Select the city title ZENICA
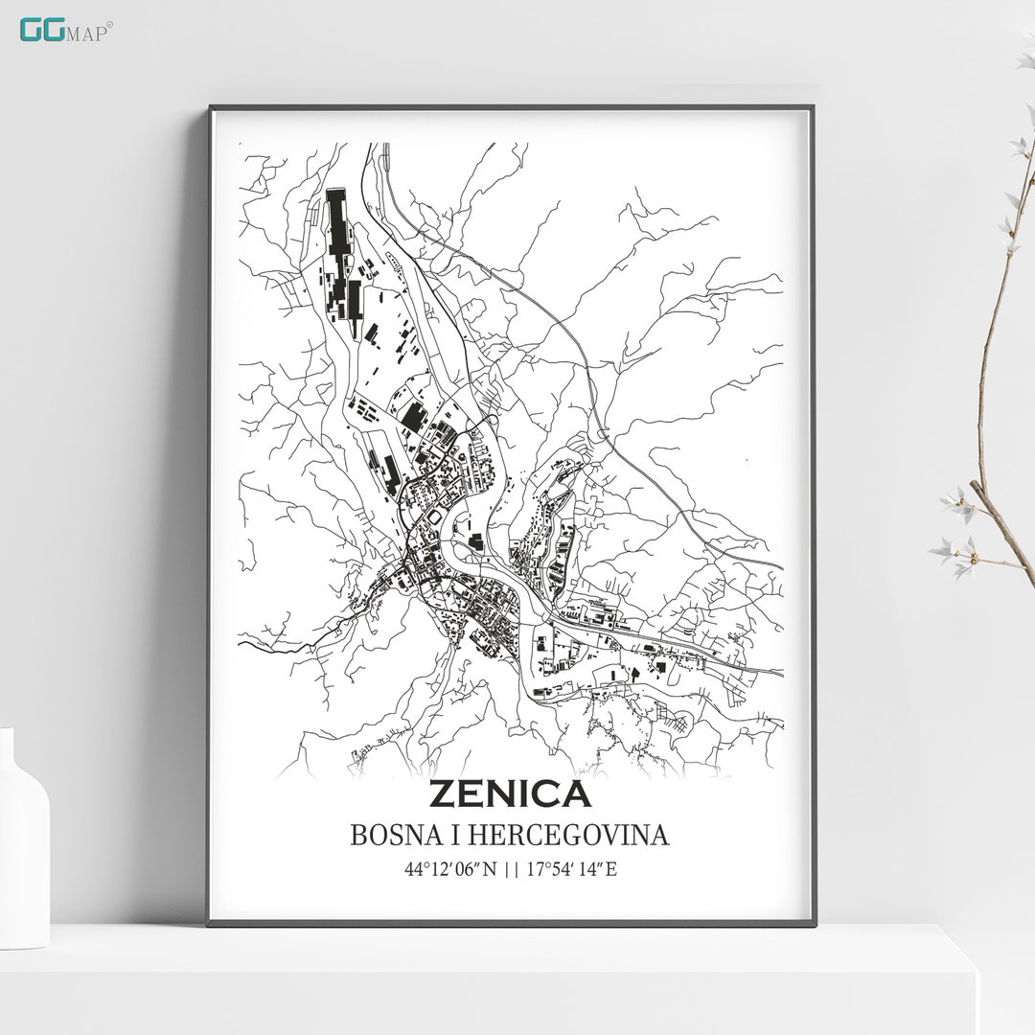[x=509, y=794]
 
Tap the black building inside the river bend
[x=475, y=542]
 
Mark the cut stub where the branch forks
[x=976, y=486]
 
